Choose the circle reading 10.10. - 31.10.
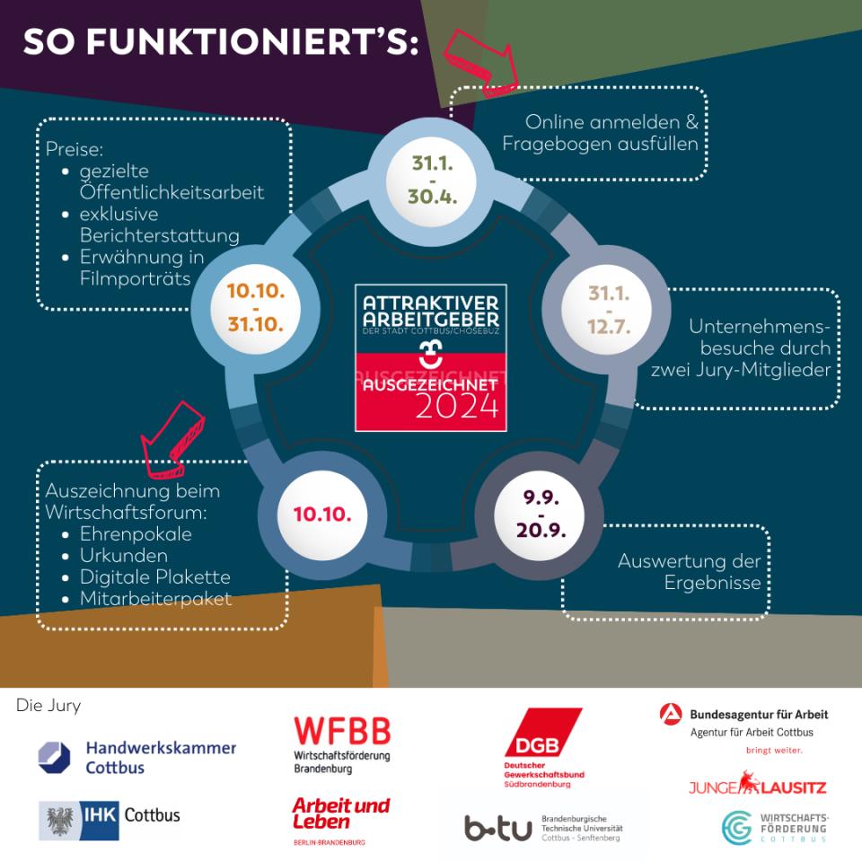pyautogui.click(x=255, y=307)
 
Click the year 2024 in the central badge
pyautogui.click(x=456, y=406)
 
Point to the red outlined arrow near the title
pyautogui.click(x=483, y=60)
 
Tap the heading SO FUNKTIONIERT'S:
pyautogui.click(x=221, y=42)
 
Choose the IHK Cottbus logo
pyautogui.click(x=110, y=817)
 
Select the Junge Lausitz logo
pyautogui.click(x=757, y=786)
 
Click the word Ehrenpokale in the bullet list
pyautogui.click(x=136, y=534)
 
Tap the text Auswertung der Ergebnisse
pyautogui.click(x=689, y=572)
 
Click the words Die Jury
pyautogui.click(x=48, y=705)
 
